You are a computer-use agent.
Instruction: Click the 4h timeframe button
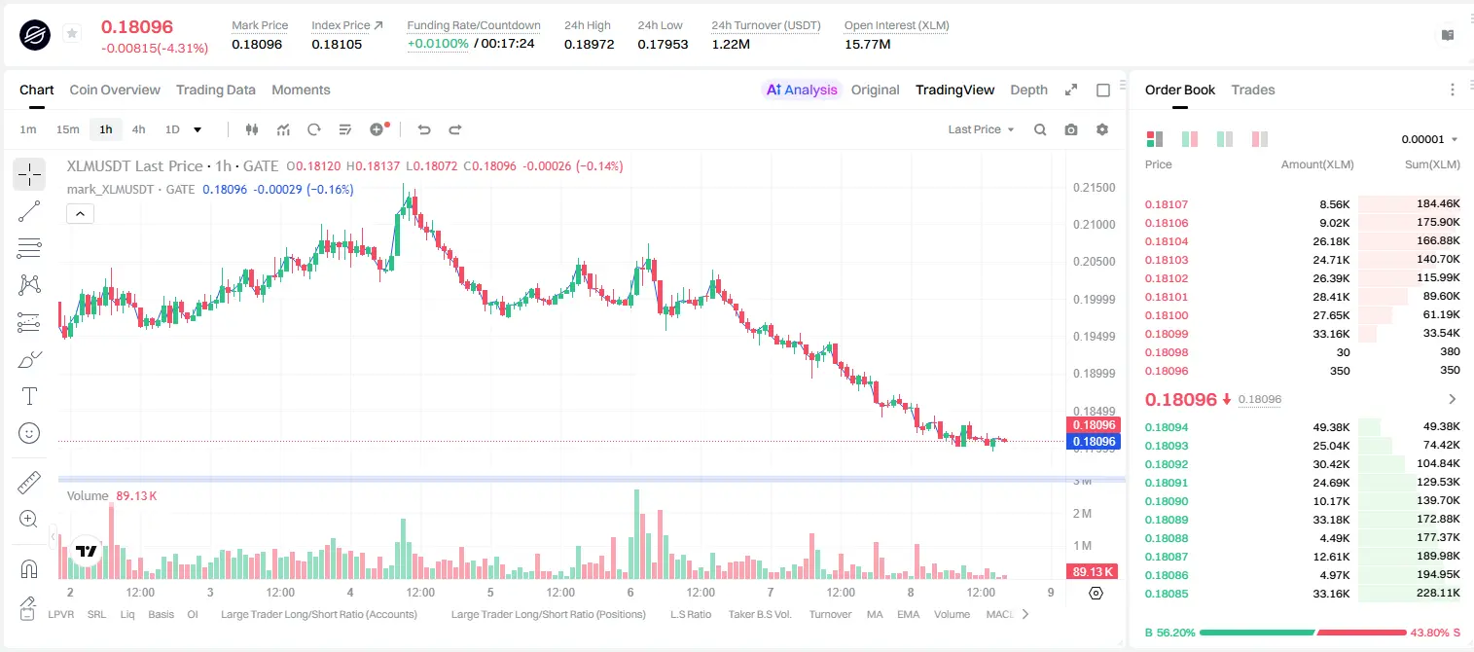click(138, 129)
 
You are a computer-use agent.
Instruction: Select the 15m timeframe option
click(67, 129)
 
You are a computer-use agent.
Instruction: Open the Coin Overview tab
click(115, 90)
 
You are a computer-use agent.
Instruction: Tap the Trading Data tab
click(215, 90)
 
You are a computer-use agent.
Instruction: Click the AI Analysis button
click(802, 90)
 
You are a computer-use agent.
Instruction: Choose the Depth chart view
click(1028, 90)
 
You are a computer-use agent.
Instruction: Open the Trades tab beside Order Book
click(1253, 90)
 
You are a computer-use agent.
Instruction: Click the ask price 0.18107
click(1166, 204)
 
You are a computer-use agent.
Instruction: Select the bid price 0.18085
click(1166, 594)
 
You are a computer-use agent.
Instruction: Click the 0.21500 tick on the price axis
click(1095, 188)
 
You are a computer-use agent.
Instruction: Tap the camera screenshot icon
click(1071, 129)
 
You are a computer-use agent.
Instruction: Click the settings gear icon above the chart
click(1102, 129)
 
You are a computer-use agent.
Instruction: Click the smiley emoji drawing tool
click(29, 433)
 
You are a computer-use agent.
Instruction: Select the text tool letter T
click(29, 396)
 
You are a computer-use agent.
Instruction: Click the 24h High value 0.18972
click(589, 44)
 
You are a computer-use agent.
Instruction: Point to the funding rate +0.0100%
click(438, 44)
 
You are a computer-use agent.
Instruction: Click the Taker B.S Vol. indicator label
click(759, 614)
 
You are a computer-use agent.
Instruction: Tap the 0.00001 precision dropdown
click(1429, 139)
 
